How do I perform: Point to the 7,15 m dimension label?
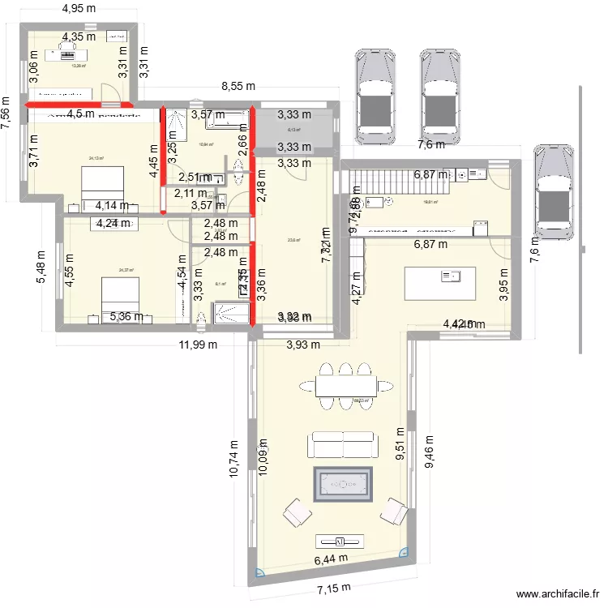click(334, 588)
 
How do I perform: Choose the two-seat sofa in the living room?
click(342, 444)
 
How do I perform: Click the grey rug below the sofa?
click(341, 485)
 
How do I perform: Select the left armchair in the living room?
click(297, 512)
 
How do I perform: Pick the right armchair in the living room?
click(394, 512)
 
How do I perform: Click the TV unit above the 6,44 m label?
click(340, 541)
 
